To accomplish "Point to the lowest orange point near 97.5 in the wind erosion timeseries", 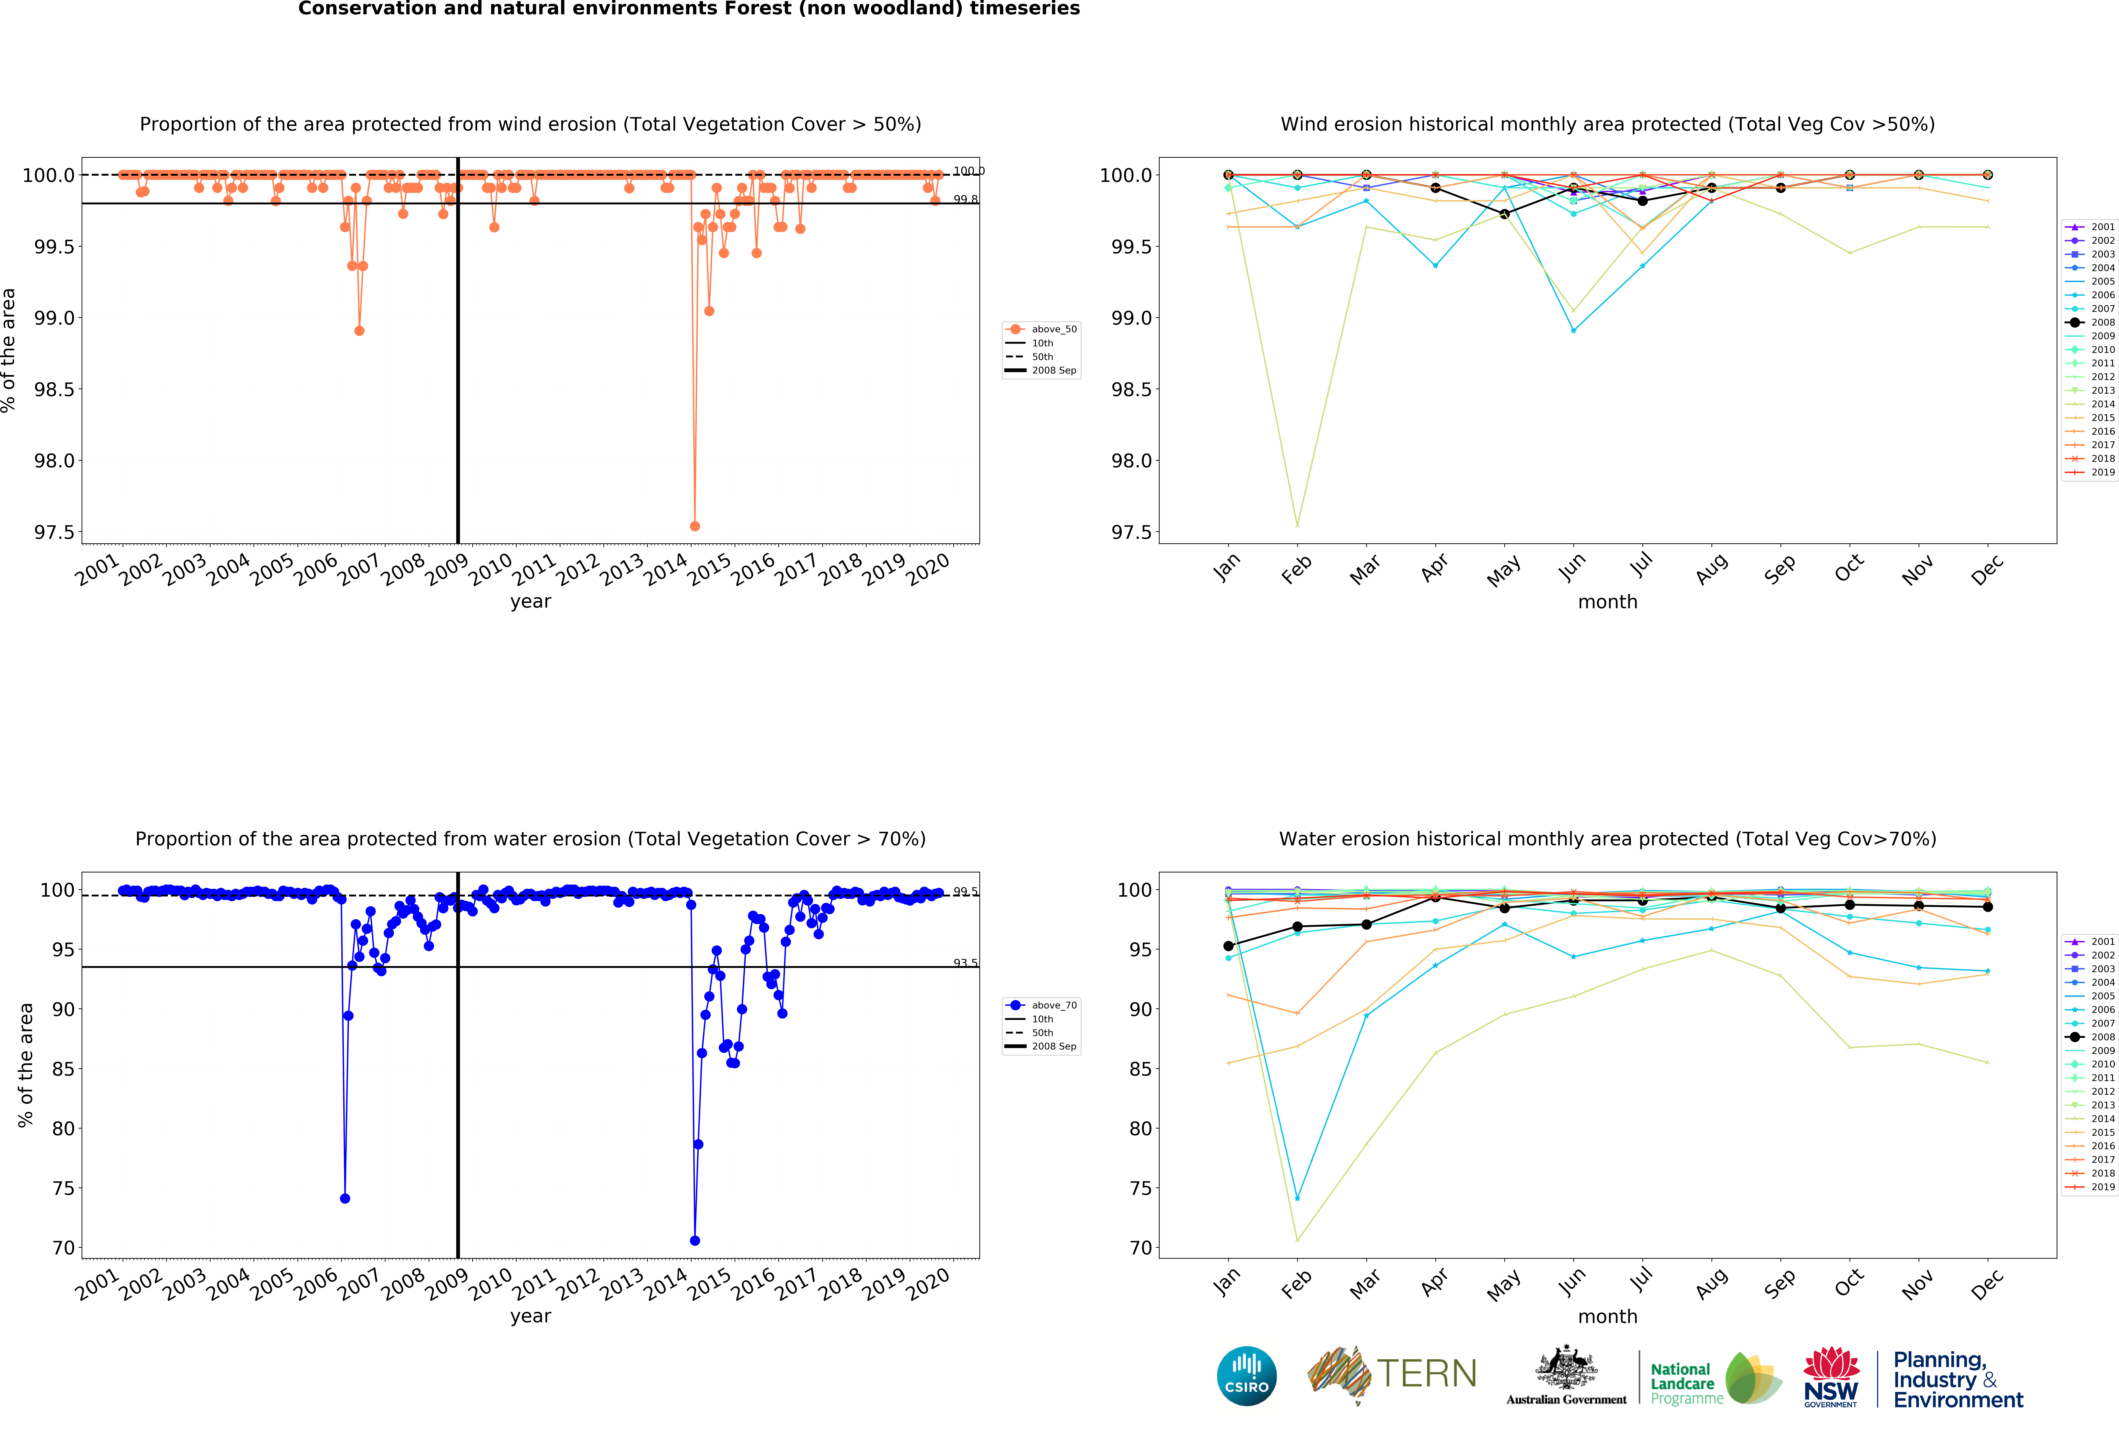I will pos(695,526).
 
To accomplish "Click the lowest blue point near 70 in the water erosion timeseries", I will pos(695,1241).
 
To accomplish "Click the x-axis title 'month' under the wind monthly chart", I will pos(1607,602).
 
